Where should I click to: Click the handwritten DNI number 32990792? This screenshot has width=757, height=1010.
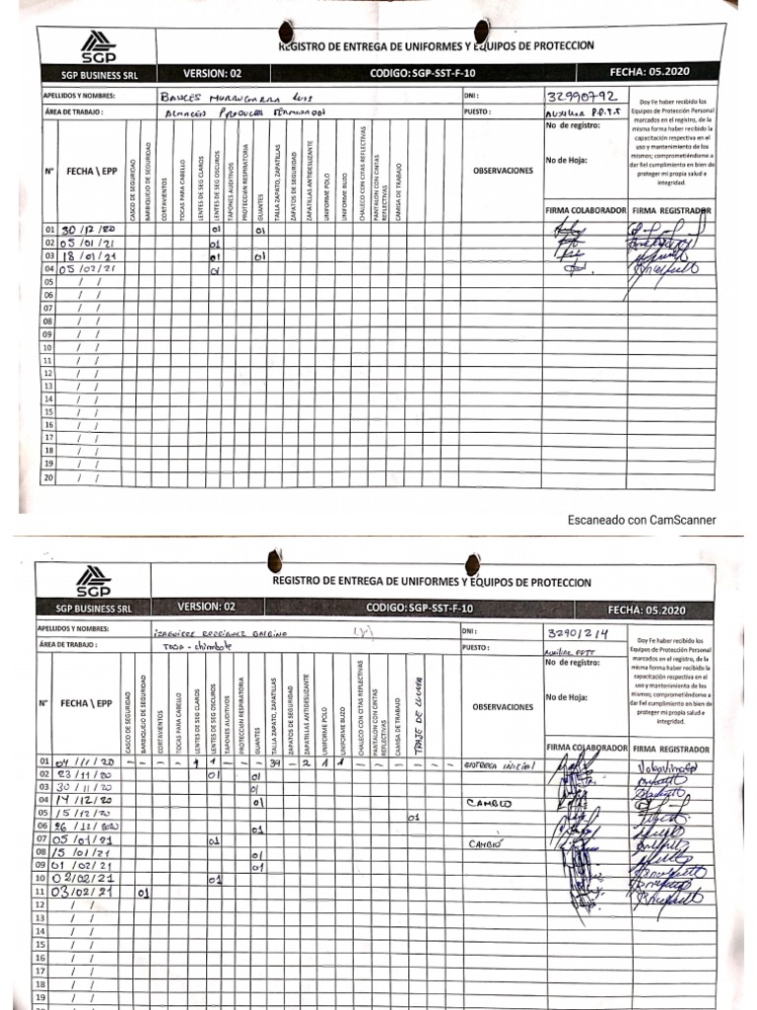pos(581,97)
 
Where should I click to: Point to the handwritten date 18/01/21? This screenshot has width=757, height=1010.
pos(91,256)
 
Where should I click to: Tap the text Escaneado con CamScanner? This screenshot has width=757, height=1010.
pos(642,520)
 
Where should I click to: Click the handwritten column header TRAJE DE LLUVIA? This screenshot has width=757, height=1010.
pos(418,700)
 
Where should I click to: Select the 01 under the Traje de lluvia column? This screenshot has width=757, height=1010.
pos(414,816)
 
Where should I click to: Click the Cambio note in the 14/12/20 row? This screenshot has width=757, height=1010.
pos(490,803)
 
